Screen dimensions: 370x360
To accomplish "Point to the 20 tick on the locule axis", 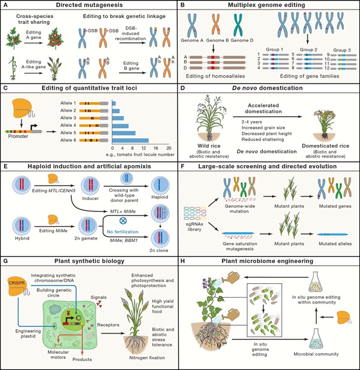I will tap(169, 148).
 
